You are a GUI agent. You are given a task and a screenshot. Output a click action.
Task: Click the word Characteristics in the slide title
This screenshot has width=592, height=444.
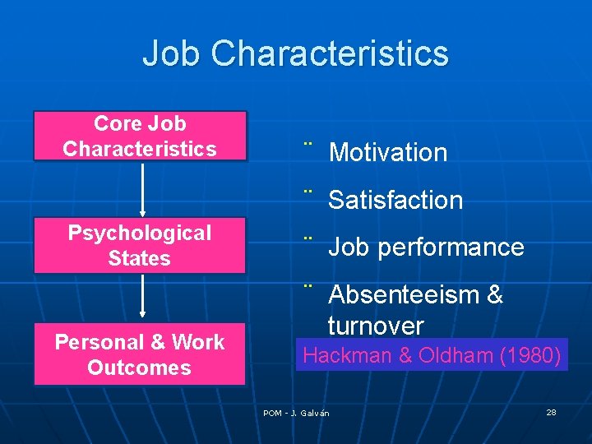tap(330, 53)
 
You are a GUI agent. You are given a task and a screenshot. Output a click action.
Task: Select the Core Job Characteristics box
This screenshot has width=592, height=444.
tap(140, 136)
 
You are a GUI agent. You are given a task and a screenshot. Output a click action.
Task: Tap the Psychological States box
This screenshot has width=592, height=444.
tap(140, 245)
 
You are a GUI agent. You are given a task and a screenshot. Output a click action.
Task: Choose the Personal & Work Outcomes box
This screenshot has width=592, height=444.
tap(140, 354)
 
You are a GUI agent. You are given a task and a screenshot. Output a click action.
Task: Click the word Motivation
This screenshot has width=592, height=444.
tap(387, 152)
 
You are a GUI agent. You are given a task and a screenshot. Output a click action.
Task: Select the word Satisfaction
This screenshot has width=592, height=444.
tap(395, 200)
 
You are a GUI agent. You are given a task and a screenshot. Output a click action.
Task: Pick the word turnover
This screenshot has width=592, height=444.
tap(376, 326)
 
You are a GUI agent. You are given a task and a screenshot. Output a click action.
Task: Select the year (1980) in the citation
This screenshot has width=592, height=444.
tap(532, 356)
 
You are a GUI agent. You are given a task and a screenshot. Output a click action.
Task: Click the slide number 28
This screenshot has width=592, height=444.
tap(551, 412)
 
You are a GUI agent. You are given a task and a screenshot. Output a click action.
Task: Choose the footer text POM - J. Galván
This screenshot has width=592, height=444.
tap(296, 413)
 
